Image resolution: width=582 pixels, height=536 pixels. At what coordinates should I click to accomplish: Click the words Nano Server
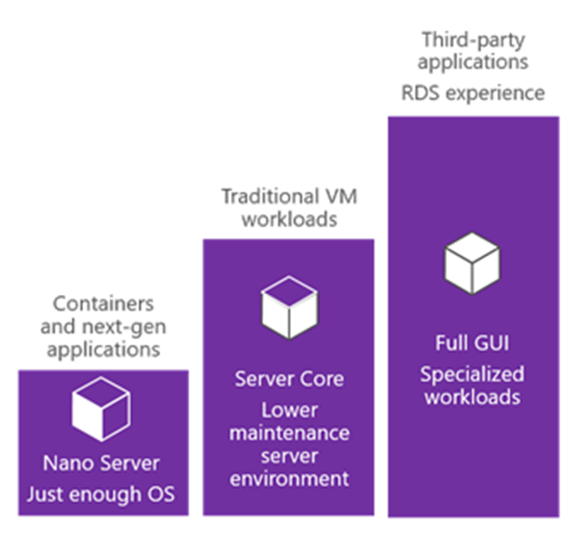[x=101, y=463]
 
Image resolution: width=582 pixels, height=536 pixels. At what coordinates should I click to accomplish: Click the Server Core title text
[x=289, y=380]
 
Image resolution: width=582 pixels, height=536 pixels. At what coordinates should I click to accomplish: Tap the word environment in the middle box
[x=289, y=477]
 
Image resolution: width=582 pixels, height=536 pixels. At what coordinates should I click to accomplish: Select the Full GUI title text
[x=472, y=343]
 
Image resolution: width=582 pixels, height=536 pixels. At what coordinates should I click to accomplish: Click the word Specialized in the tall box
[x=472, y=374]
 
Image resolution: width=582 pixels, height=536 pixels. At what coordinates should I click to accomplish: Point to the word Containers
[x=101, y=303]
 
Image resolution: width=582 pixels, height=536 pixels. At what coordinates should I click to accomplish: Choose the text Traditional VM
[x=289, y=196]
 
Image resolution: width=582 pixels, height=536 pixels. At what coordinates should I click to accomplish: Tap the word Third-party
[x=474, y=38]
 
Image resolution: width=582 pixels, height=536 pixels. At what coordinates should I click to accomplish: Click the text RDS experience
[x=473, y=94]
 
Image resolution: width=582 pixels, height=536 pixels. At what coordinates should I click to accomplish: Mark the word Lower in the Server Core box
[x=289, y=410]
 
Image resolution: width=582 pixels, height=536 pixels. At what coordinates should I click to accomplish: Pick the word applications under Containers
[x=101, y=349]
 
